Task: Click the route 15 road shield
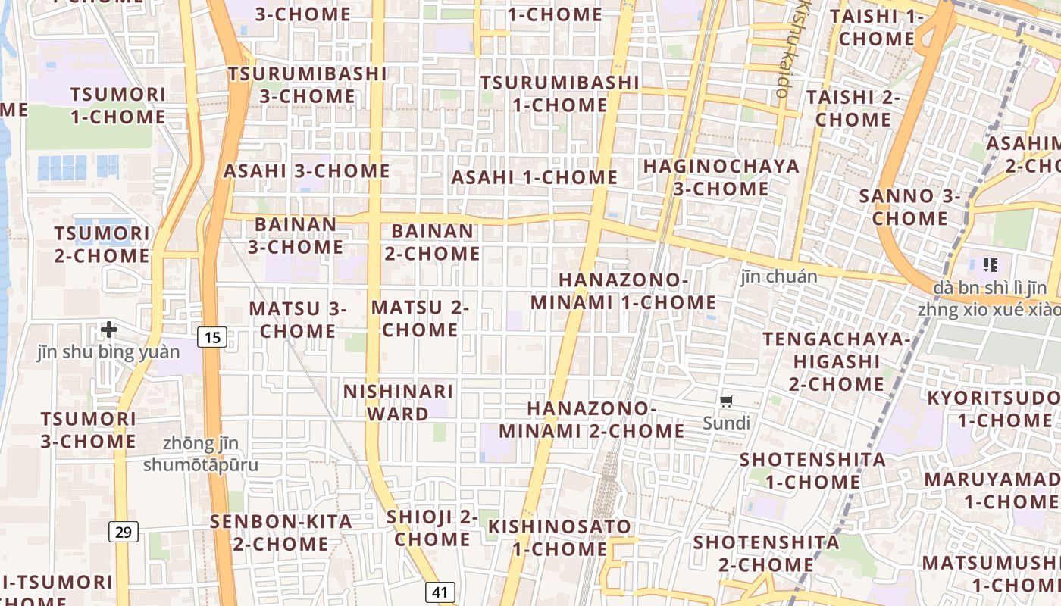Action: [x=213, y=337]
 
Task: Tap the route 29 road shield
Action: [x=124, y=532]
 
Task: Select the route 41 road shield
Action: [x=440, y=592]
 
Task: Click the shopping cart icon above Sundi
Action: [x=727, y=401]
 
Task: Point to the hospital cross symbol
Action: [x=109, y=329]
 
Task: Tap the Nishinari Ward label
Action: [x=398, y=402]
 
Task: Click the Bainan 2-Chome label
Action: [x=432, y=242]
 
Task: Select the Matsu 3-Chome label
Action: [x=298, y=320]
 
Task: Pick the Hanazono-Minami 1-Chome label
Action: [x=623, y=291]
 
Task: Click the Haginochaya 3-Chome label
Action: [x=721, y=177]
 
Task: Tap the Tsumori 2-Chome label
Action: [x=102, y=244]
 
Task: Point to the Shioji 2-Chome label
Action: [x=432, y=528]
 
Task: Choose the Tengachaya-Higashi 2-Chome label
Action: [x=836, y=361]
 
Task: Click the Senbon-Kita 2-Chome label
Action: [x=281, y=533]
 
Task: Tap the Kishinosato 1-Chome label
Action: [x=559, y=537]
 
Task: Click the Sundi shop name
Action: [x=726, y=423]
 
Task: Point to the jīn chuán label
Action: [x=779, y=276]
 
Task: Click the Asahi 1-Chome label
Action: [x=534, y=177]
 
